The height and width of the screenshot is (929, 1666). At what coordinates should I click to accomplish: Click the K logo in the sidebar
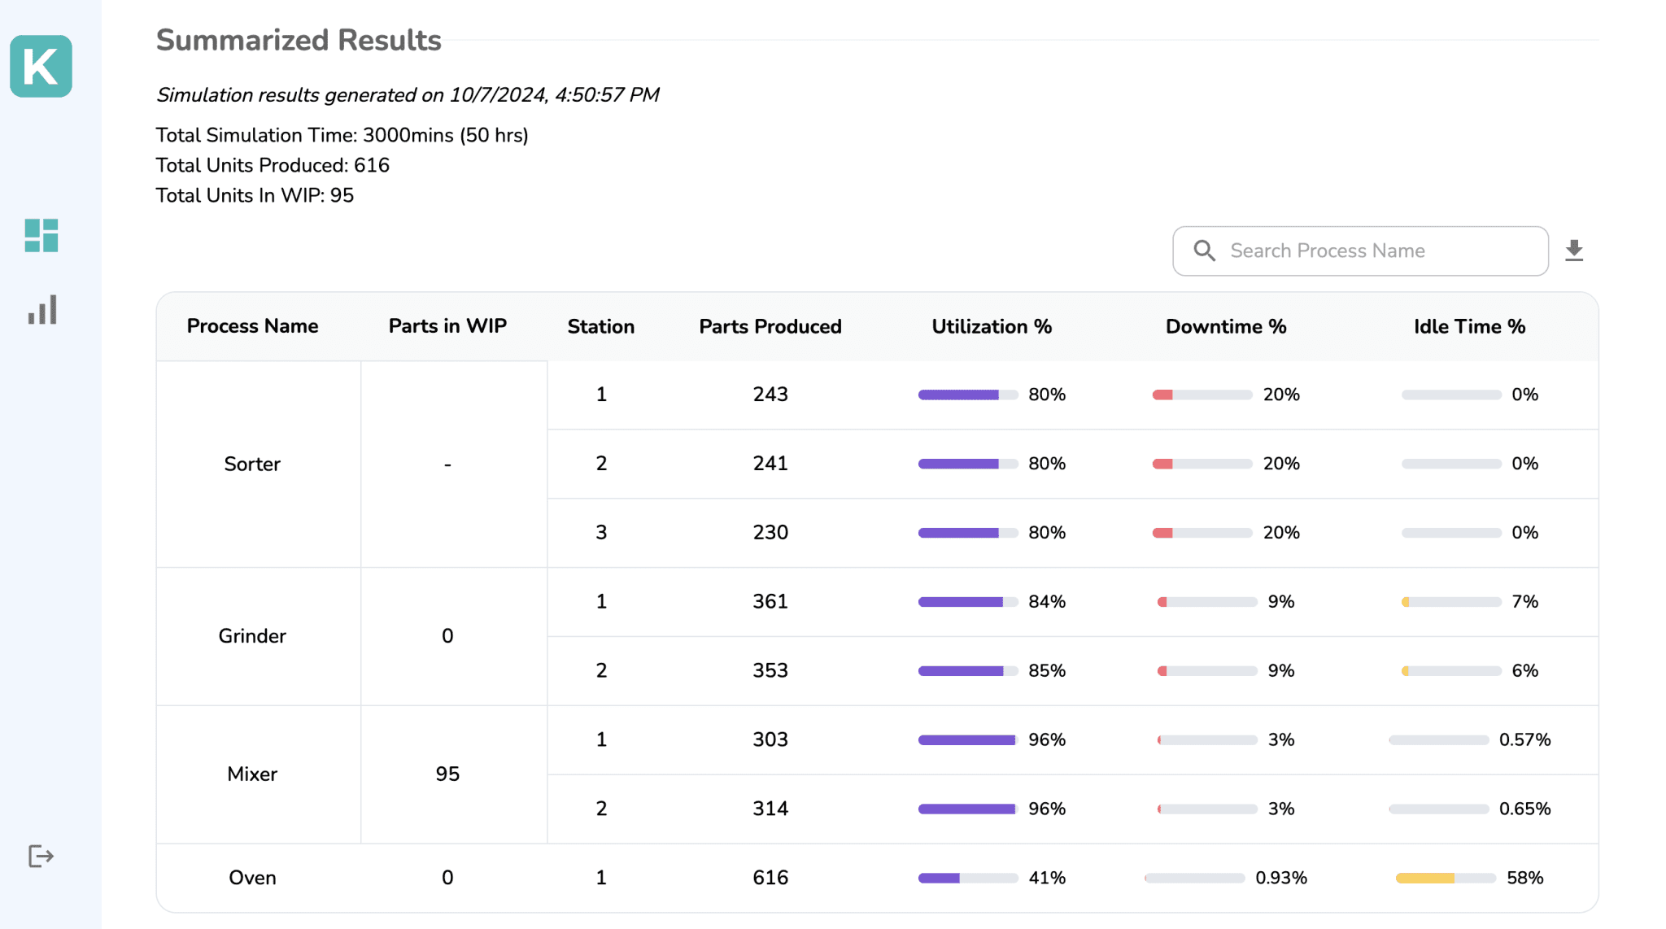point(41,66)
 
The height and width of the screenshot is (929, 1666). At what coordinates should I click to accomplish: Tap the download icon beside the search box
point(1574,251)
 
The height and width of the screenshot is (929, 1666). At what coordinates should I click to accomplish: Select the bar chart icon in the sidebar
point(41,310)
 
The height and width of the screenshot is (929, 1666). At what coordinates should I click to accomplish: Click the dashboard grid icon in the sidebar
point(41,235)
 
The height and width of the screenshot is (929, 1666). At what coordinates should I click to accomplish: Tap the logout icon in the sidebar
point(41,856)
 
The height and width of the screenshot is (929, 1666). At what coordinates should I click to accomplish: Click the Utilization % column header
point(992,326)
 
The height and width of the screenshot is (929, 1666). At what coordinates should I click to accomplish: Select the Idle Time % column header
point(1469,326)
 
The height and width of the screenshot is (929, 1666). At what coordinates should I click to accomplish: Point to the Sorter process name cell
point(252,464)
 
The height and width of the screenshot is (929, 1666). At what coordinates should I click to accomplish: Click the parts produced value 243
point(770,395)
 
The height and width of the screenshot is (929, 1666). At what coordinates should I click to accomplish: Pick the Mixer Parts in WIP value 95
point(447,774)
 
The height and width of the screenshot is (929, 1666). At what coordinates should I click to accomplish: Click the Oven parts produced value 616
point(770,878)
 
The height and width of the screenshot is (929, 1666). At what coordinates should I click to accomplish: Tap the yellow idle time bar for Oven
point(1425,878)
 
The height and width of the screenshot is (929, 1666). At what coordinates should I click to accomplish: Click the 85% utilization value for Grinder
point(1047,671)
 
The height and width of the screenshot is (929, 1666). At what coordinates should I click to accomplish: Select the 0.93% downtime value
point(1281,878)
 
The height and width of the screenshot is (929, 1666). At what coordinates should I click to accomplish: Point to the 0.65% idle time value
point(1524,809)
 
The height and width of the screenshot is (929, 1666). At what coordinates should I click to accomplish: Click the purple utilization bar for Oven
point(940,878)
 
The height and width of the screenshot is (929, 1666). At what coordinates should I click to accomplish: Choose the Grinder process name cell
point(252,636)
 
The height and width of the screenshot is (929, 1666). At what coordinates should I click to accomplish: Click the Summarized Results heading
point(299,40)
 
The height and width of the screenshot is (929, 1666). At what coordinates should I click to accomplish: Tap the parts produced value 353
point(770,671)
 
